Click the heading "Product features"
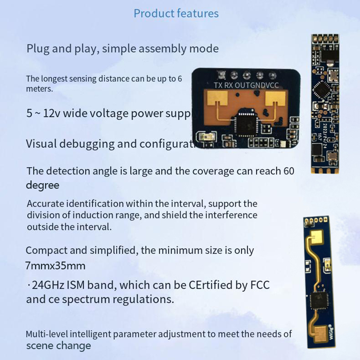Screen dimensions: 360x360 (x=176, y=13)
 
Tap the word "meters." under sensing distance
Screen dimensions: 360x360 (x=40, y=89)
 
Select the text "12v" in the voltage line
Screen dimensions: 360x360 (x=52, y=113)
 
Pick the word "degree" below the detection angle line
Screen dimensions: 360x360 (x=43, y=185)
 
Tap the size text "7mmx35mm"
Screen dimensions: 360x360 (x=55, y=265)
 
